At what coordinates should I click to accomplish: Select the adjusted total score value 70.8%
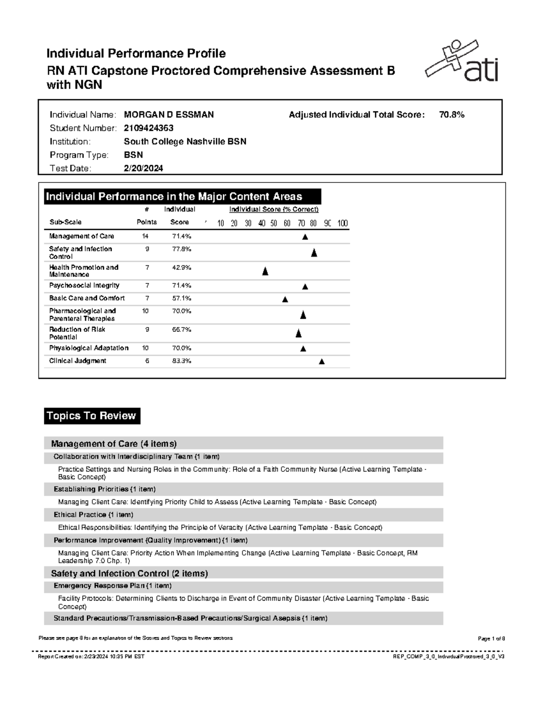tap(452, 115)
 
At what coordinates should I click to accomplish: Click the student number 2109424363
tap(148, 128)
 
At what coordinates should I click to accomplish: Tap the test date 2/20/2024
tap(143, 168)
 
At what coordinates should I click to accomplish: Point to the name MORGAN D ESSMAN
tap(169, 115)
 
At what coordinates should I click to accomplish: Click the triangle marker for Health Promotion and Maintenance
tap(265, 272)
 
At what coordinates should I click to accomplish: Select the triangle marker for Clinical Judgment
tap(322, 361)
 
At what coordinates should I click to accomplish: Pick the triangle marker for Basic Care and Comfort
tap(285, 299)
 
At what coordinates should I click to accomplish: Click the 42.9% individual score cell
tap(181, 268)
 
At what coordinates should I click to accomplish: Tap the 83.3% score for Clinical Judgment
tap(181, 361)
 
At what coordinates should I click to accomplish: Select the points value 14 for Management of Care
tap(145, 236)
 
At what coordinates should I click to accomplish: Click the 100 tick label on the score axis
tap(343, 223)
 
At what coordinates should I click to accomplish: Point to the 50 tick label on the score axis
tap(274, 223)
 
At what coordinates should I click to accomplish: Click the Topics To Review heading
tap(92, 416)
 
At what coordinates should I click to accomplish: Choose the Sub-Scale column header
tap(66, 222)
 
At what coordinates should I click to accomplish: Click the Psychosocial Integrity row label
tap(84, 286)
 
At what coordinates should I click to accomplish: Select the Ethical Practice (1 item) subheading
tap(93, 515)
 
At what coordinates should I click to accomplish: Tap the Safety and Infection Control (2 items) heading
tap(129, 574)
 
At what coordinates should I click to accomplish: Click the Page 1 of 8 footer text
tap(491, 639)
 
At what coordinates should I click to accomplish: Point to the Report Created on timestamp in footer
tap(91, 656)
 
